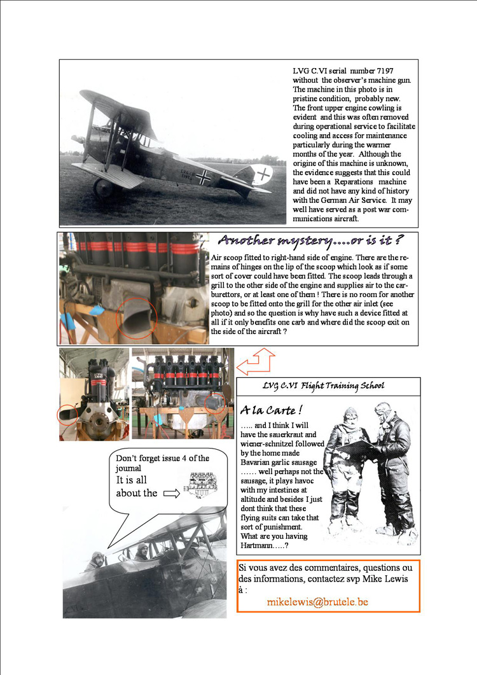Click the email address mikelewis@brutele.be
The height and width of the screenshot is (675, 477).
317,601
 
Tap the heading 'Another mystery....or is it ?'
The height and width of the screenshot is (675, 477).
311,240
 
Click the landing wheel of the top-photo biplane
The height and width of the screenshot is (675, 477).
104,188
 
